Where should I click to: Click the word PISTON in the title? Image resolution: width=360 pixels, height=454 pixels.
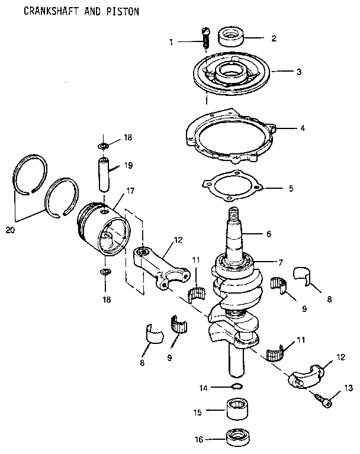tap(123, 11)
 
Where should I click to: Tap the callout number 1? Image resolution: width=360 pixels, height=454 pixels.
tap(171, 41)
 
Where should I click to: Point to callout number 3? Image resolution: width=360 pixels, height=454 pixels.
tap(299, 72)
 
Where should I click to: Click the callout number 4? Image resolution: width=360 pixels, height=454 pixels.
tap(302, 127)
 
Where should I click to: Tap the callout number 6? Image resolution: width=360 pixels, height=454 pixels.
tap(268, 234)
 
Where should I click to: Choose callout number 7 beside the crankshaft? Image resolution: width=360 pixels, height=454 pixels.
tap(282, 261)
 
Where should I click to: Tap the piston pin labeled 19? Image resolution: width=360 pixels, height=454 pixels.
tap(105, 173)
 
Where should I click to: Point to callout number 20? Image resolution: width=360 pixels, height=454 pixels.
tap(10, 230)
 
